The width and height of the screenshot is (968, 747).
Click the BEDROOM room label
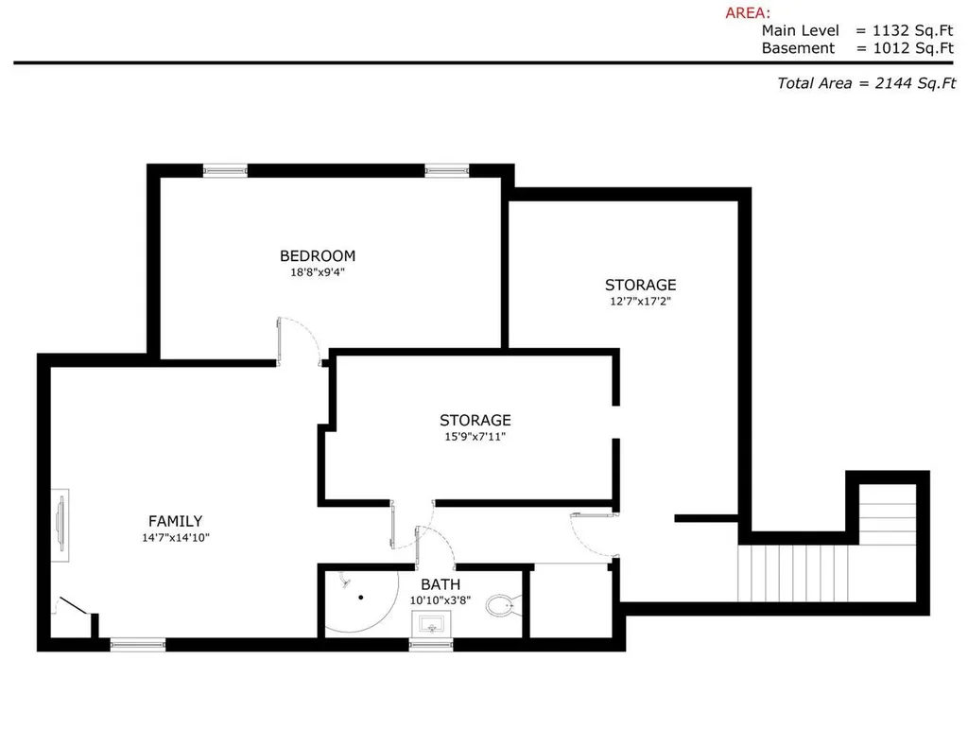[x=318, y=255]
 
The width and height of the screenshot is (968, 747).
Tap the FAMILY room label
[x=175, y=521]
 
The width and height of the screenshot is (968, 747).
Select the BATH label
[x=441, y=584]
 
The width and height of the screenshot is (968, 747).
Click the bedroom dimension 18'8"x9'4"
[x=318, y=272]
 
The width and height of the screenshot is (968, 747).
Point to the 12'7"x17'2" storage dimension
[x=640, y=302]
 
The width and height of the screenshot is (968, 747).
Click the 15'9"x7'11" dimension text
[x=475, y=437]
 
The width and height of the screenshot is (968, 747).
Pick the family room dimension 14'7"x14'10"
[x=176, y=538]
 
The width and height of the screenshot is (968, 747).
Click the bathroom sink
[x=431, y=623]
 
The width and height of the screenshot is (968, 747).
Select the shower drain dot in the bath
[x=360, y=597]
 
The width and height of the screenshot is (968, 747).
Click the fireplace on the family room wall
[x=60, y=526]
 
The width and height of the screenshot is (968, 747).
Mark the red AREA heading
[x=748, y=13]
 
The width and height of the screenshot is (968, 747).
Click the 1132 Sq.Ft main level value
[x=912, y=30]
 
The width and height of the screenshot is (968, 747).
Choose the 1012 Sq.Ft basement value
[x=913, y=48]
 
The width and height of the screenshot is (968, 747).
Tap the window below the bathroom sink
[x=431, y=645]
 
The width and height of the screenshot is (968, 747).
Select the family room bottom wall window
[x=138, y=645]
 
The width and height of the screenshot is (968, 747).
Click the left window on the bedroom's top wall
[x=225, y=170]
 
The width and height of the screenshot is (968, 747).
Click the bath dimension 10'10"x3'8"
[x=441, y=600]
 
